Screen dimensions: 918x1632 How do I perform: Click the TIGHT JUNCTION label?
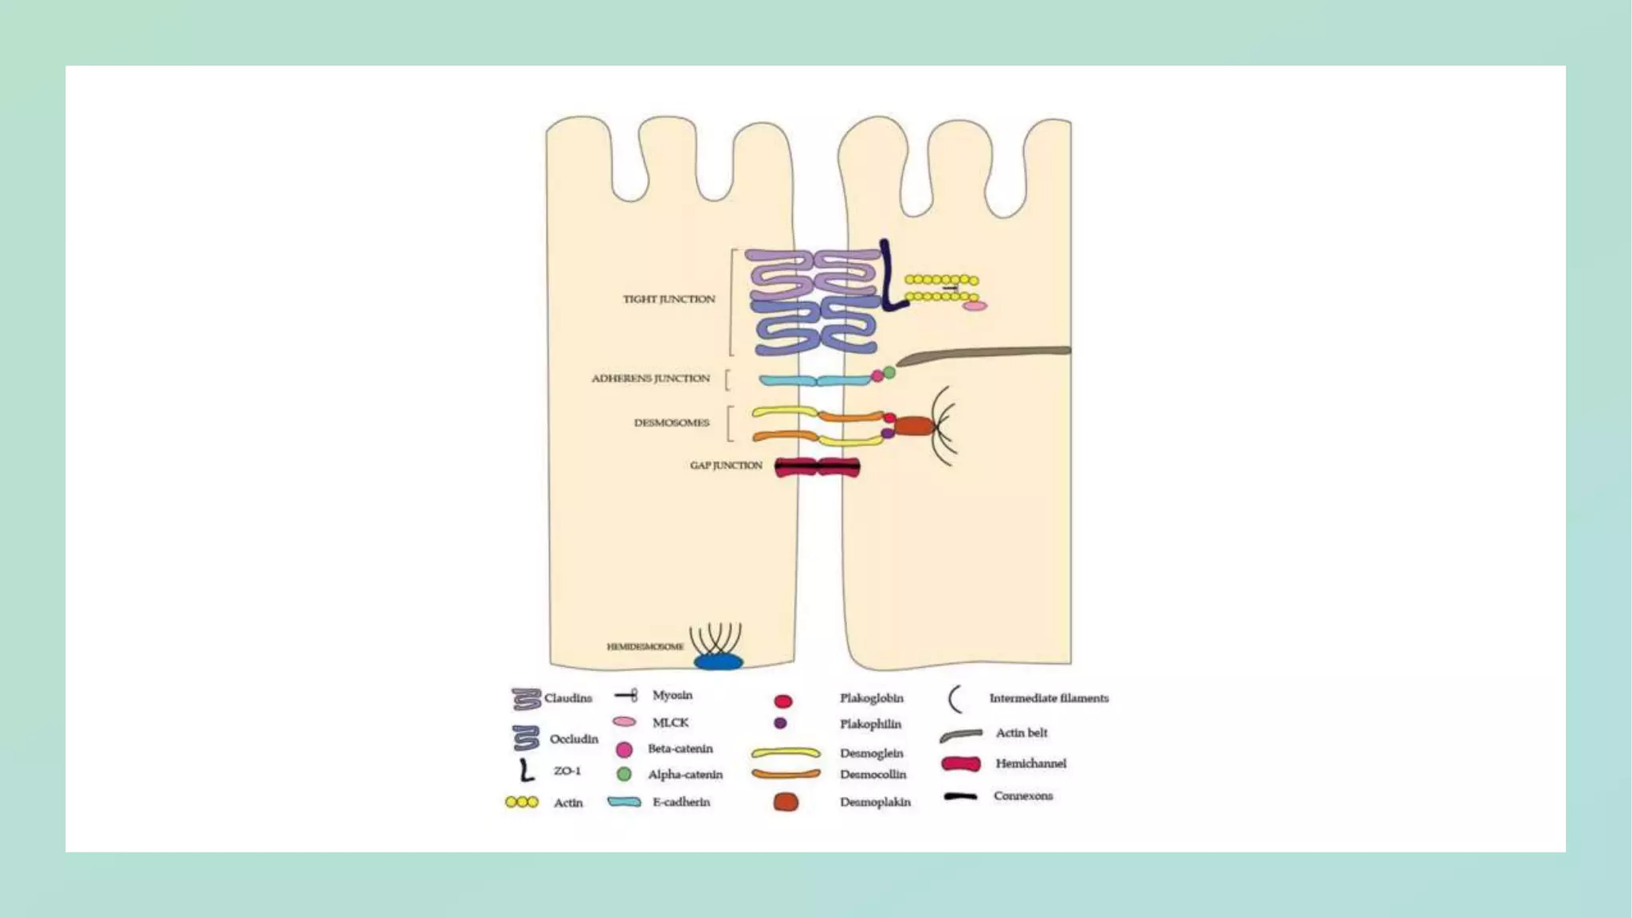(x=669, y=299)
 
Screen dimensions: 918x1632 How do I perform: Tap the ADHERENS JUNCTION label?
(x=650, y=379)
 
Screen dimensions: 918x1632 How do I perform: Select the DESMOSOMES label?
(x=671, y=422)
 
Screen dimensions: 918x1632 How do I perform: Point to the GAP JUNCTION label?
(x=726, y=465)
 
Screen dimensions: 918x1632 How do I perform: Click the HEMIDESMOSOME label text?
(x=645, y=646)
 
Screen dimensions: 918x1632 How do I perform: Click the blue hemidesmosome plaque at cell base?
(x=718, y=661)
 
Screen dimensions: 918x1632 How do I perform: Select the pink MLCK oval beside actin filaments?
(x=975, y=306)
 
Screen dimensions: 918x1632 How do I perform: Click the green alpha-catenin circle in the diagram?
(x=889, y=372)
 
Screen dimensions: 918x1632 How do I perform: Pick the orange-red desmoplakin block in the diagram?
(x=913, y=426)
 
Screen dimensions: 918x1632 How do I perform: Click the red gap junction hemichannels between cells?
(x=817, y=468)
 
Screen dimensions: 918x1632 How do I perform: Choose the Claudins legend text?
(x=568, y=698)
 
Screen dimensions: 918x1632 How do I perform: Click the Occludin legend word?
(x=574, y=739)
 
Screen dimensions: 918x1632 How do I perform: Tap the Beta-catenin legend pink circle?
(x=624, y=750)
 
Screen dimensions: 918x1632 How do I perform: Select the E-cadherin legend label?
(x=681, y=802)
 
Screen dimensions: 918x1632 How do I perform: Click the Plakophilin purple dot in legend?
(x=780, y=724)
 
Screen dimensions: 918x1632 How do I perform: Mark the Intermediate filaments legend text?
(x=1049, y=698)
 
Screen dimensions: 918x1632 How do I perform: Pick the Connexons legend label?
(x=1023, y=795)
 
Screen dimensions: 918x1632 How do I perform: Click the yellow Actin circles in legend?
(x=522, y=802)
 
